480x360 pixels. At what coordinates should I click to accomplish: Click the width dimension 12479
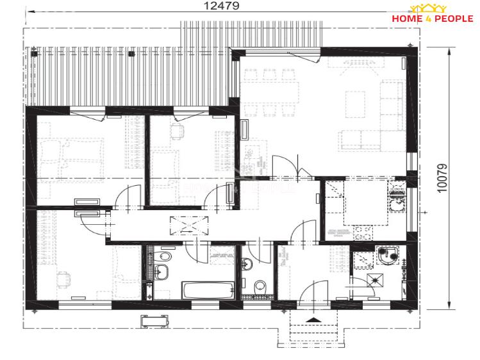pos(221,6)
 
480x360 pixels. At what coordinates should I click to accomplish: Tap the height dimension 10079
pos(442,178)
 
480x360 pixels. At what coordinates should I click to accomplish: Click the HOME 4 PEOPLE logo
pos(432,13)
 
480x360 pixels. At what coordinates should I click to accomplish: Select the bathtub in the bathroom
pos(208,290)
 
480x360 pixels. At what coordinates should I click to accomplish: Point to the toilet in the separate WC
pos(260,286)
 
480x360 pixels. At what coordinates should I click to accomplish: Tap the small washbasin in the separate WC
pos(247,264)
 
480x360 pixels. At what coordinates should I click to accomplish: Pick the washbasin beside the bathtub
pos(160,272)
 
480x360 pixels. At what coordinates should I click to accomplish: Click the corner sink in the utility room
pos(388,256)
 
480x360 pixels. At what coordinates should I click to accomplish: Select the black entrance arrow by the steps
pos(313,320)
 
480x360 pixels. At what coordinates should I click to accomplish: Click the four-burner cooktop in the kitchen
pos(363,233)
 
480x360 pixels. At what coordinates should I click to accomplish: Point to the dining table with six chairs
pos(269,93)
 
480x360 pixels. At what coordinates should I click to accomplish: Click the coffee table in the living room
pos(355,104)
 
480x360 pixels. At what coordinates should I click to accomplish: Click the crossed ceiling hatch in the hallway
pos(189,225)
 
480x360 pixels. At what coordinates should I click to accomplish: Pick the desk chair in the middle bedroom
pos(178,131)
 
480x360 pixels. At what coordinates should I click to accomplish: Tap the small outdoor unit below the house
pos(154,321)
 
